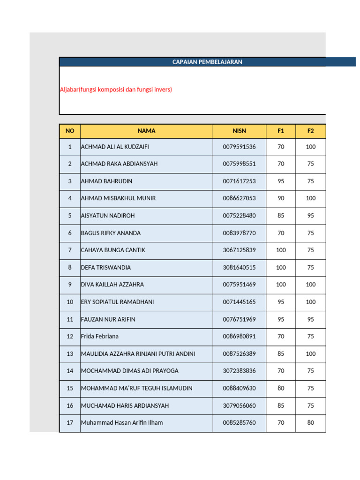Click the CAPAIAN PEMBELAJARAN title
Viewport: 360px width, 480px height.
point(207,62)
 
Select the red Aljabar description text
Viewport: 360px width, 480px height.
point(116,89)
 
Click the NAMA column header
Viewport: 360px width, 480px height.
point(146,131)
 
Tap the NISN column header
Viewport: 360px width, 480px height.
point(239,131)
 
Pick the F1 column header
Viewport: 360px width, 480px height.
point(281,131)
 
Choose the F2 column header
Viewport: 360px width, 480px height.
point(310,131)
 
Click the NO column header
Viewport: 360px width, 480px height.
point(70,131)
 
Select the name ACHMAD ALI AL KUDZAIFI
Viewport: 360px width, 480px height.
point(115,147)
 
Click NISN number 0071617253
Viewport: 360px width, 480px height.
point(239,181)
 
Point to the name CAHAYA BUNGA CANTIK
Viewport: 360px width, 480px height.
point(113,250)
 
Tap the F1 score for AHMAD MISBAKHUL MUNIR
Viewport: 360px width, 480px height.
point(281,198)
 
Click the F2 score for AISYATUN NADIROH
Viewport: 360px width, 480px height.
point(310,216)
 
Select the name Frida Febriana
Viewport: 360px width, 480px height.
point(100,336)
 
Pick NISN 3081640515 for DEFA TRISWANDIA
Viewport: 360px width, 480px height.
point(239,268)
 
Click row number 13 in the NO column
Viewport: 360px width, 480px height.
point(70,354)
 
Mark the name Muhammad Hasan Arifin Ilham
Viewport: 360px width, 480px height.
point(122,423)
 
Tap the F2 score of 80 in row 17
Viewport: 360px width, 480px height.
point(310,423)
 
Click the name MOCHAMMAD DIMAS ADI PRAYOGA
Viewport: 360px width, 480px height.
point(129,371)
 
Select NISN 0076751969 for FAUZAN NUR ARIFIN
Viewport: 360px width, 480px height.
point(239,319)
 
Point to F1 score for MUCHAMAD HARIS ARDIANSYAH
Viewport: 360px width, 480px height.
point(281,405)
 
